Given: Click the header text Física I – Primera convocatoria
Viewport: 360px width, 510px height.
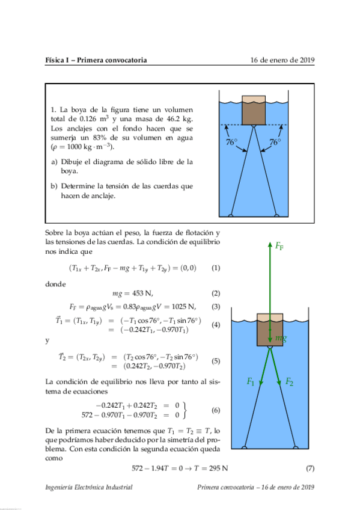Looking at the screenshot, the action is pos(96,60).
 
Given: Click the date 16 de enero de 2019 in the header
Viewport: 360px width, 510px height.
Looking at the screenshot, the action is pos(282,60).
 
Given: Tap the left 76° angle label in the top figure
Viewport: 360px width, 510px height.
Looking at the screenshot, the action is pos(232,143).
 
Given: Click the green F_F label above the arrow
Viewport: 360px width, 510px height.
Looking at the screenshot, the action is pos(279,246).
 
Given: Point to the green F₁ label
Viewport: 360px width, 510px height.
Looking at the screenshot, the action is pos(251,381).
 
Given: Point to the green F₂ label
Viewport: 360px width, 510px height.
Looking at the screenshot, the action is pos(289,381).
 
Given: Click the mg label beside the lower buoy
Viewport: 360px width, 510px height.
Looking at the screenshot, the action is pos(281,339).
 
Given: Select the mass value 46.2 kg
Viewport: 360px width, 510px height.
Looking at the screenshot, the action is pos(180,119).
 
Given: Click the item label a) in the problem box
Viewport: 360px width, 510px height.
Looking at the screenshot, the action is pos(55,162).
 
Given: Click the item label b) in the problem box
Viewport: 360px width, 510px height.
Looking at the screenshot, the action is pos(55,186).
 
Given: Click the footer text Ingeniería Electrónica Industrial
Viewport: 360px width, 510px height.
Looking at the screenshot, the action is pos(89,487).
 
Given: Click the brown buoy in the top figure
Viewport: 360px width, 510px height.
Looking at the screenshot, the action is pos(253,112).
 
